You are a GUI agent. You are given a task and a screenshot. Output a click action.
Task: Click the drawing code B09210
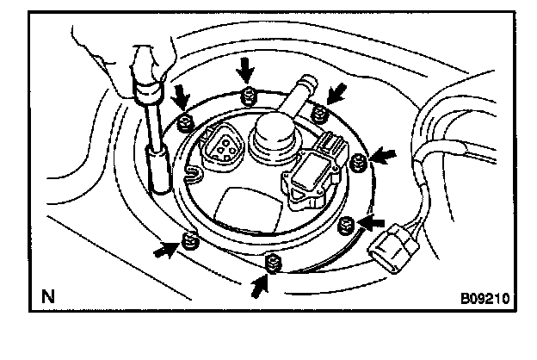(485, 300)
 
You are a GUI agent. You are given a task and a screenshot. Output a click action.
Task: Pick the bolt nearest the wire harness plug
(346, 226)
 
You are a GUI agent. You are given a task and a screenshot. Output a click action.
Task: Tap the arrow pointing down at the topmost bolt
(247, 68)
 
